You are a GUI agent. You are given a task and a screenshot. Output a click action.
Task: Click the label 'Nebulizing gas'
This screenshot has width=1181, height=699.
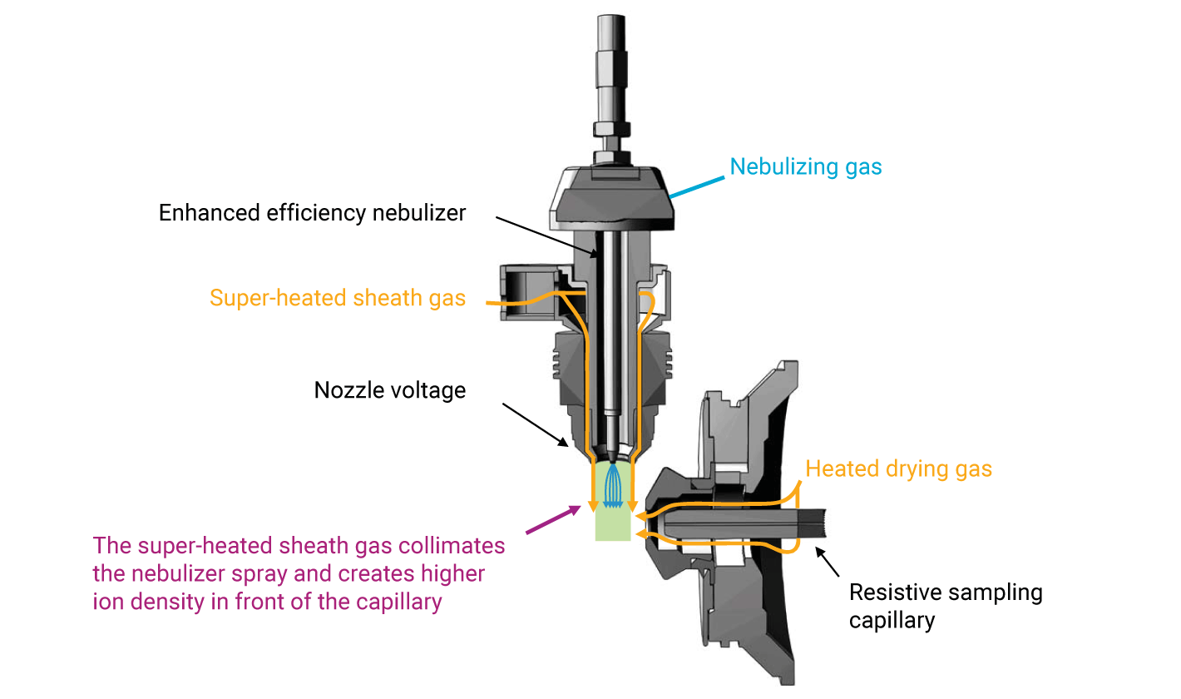[x=805, y=167]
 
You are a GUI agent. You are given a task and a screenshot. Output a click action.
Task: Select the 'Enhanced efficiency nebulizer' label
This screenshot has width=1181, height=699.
[x=312, y=213]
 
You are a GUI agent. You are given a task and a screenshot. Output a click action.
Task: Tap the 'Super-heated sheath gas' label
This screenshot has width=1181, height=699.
[x=338, y=298]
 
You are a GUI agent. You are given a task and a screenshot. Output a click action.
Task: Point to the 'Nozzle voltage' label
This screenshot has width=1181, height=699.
[x=390, y=389]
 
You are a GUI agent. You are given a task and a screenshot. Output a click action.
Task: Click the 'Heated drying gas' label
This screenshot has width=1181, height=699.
[x=898, y=468]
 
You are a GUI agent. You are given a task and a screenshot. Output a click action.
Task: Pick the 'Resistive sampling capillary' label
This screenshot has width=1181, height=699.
[x=945, y=606]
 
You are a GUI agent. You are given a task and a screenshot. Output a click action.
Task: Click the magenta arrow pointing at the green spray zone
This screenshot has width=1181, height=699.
[x=554, y=518]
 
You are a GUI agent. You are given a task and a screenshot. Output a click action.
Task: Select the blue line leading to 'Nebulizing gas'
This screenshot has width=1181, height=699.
[x=697, y=186]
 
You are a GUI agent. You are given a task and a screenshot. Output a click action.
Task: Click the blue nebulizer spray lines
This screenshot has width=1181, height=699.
[x=613, y=487]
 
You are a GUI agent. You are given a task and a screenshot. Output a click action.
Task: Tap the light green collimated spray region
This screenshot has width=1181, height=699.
[x=613, y=524]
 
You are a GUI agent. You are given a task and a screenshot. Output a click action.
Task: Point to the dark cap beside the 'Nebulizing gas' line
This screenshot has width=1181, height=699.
[x=611, y=200]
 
